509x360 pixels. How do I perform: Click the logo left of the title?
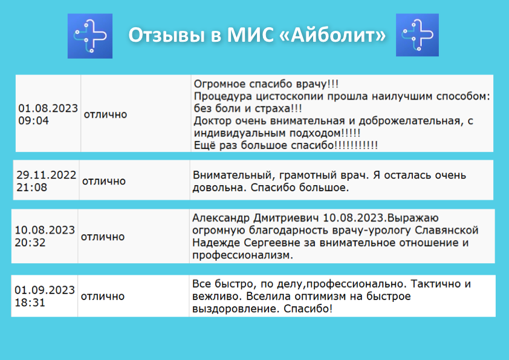click(90, 36)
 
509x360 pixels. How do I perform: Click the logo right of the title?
click(417, 35)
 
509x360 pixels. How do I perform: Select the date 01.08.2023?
click(48, 108)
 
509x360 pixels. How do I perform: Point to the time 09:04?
click(33, 120)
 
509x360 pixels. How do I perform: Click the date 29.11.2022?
click(47, 175)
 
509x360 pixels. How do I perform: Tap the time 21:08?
click(32, 188)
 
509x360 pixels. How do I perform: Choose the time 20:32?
click(30, 243)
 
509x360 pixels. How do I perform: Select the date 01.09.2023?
click(45, 290)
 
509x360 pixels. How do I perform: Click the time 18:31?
click(30, 303)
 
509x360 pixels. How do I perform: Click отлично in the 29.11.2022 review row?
click(104, 181)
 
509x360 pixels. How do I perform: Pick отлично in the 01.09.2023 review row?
click(103, 296)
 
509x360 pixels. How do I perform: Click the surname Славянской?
click(447, 230)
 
